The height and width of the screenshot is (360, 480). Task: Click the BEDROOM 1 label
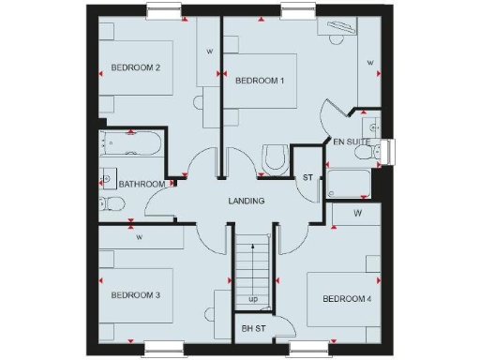coord(260,81)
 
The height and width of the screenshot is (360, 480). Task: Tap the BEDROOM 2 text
coord(136,67)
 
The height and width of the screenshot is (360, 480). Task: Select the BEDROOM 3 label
coord(136,295)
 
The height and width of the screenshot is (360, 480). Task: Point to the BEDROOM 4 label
coord(347,299)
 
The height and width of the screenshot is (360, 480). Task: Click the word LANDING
coord(247,202)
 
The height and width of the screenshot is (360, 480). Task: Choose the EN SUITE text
coord(352,142)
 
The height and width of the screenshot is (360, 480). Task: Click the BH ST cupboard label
coord(253,328)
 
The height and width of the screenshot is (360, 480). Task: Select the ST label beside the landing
coord(307,177)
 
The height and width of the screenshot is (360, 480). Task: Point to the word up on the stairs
coord(253,300)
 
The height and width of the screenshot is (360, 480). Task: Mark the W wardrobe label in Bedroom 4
coord(358,214)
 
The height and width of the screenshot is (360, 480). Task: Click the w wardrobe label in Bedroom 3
coord(139,237)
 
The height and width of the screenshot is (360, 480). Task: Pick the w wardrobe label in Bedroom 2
coord(209,51)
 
